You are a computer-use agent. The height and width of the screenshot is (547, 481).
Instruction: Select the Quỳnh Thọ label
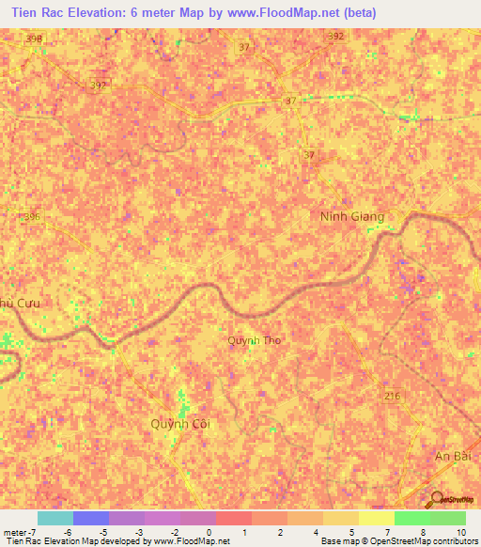point(255,341)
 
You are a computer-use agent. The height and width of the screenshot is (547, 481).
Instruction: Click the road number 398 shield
point(35,39)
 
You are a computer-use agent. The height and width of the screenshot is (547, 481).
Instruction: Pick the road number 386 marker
point(33,216)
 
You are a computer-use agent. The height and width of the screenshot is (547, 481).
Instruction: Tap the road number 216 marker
point(392,398)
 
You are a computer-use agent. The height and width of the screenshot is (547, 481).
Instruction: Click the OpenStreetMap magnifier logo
point(437,499)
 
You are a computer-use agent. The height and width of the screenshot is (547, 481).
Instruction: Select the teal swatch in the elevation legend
point(55,518)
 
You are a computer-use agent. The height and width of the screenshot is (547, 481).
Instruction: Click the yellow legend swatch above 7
point(376,518)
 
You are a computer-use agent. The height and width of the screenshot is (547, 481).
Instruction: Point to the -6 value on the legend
point(68,532)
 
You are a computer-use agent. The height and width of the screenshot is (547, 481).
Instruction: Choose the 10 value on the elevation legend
point(459,532)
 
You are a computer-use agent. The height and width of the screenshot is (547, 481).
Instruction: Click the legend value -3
point(138,532)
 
